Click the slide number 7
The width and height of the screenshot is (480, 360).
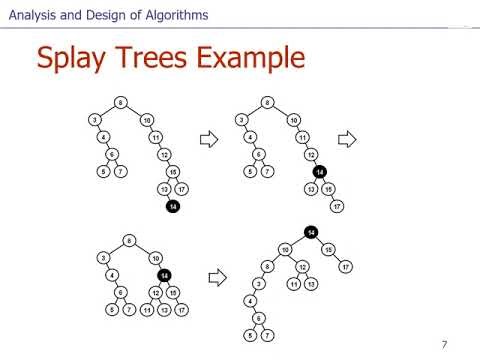pos(444,346)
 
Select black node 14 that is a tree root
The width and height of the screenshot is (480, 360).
pos(311,232)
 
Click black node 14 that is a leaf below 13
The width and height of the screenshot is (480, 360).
pos(173,207)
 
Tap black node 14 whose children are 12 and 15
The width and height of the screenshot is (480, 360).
pos(165,275)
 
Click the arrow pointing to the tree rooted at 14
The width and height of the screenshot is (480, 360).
pos(213,275)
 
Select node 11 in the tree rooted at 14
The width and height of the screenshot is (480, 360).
pos(292,284)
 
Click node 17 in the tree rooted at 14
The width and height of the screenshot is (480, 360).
pos(346,266)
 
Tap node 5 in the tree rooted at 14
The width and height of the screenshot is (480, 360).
pos(250,334)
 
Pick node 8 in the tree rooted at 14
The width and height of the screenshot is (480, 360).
pos(267,266)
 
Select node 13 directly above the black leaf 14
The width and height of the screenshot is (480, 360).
pos(164,189)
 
